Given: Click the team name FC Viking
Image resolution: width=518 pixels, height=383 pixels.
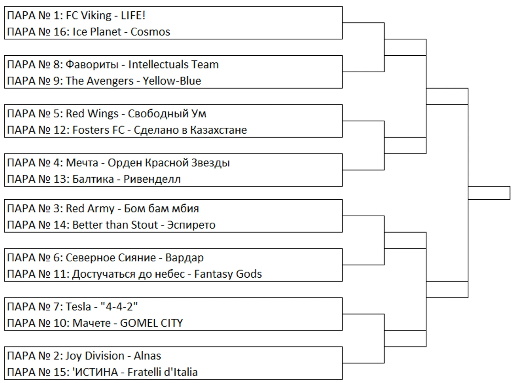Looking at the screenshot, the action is tap(88, 16).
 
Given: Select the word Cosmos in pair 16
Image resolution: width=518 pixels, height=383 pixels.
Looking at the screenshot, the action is tap(150, 32).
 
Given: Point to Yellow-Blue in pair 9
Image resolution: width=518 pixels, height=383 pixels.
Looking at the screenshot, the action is tap(172, 81).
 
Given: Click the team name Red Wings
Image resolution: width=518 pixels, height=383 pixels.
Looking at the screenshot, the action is tap(92, 114).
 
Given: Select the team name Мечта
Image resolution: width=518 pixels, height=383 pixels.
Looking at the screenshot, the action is tap(82, 163).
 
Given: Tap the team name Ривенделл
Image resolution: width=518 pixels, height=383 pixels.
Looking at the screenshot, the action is tap(152, 179).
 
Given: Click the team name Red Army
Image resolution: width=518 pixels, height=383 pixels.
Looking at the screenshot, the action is tap(90, 209).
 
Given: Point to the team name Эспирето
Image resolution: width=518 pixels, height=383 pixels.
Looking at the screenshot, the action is tap(191, 225).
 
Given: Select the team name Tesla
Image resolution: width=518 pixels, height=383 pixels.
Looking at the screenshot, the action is tap(78, 307).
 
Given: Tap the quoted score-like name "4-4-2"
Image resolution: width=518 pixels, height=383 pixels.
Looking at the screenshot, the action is tap(119, 307).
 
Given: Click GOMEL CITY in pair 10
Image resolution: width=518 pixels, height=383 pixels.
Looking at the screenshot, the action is tap(151, 323).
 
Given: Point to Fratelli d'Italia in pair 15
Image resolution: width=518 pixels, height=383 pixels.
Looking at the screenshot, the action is tap(162, 372).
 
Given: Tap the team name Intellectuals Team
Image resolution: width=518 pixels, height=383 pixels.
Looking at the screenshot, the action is tap(173, 65).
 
